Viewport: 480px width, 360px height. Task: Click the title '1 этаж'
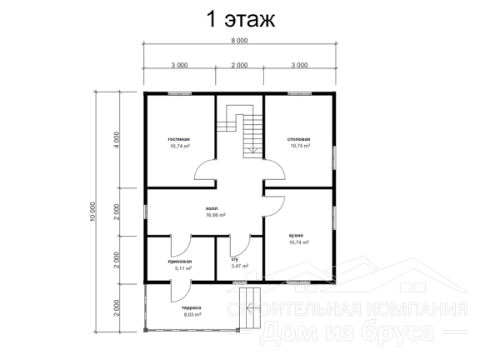click(x=241, y=19)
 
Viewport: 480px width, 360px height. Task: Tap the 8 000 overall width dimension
click(x=239, y=40)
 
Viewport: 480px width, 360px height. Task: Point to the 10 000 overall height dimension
click(x=93, y=211)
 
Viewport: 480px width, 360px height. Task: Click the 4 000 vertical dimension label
click(x=116, y=140)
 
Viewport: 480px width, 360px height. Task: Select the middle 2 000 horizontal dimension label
click(x=239, y=65)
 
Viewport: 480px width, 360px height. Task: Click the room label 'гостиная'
click(x=179, y=139)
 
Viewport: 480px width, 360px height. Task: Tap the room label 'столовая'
click(x=299, y=139)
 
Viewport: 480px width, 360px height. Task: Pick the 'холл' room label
click(x=212, y=208)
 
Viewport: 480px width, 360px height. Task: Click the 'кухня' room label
click(x=296, y=236)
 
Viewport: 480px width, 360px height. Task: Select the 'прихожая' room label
click(x=180, y=262)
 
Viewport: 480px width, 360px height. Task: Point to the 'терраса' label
click(x=192, y=307)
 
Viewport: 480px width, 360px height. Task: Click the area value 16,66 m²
click(x=216, y=215)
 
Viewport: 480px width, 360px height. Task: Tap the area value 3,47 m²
click(x=240, y=266)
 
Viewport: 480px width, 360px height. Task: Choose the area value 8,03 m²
click(x=192, y=314)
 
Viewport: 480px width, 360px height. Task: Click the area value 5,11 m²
click(x=183, y=268)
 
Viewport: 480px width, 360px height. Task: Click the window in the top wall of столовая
click(x=299, y=93)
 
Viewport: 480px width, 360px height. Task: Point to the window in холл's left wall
click(x=146, y=212)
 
